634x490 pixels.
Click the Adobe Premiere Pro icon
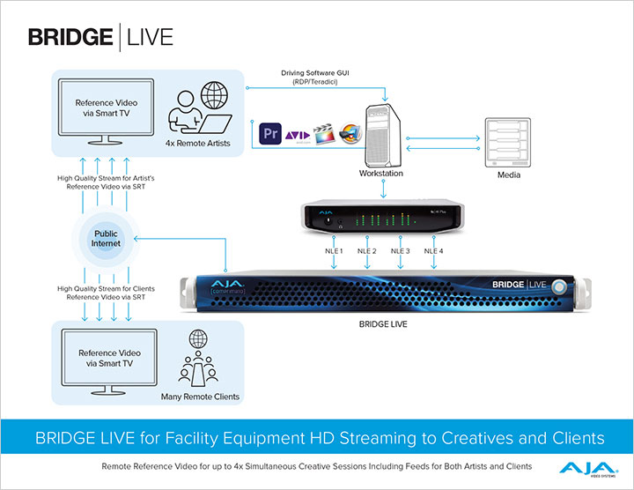pos(269,134)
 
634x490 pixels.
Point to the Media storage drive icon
pos(508,137)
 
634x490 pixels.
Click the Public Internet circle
pos(105,239)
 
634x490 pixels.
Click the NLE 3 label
pos(401,252)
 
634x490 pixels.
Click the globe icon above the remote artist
pos(215,95)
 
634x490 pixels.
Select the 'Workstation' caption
pos(380,174)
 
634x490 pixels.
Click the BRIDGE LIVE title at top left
pos(100,37)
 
